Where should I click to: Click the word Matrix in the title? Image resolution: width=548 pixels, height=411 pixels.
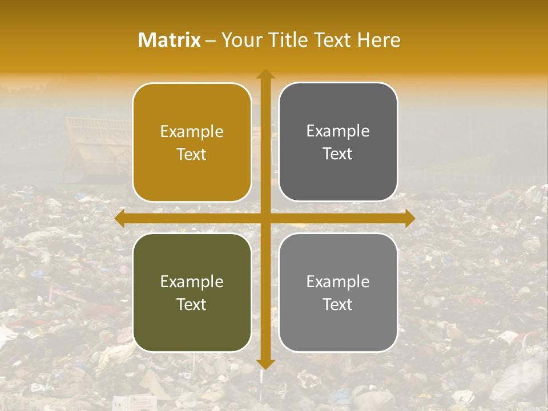[x=170, y=40]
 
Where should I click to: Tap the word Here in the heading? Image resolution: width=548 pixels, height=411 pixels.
[x=378, y=40]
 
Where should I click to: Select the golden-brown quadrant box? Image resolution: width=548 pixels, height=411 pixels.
[x=192, y=143]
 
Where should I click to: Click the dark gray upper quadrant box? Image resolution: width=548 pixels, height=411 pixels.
[x=338, y=142]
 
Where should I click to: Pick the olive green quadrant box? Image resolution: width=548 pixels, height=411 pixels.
[x=192, y=292]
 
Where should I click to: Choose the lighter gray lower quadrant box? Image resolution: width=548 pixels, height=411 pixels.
[x=338, y=292]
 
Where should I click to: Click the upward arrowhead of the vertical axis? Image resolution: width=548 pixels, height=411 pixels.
[x=265, y=74]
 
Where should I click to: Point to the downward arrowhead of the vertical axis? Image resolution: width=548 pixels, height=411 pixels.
[x=265, y=364]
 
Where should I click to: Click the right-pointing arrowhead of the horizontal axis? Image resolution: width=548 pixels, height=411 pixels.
[x=410, y=219]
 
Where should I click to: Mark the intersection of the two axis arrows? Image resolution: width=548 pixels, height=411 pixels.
[x=265, y=219]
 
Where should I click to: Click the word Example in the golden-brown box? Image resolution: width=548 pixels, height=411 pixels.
[x=192, y=132]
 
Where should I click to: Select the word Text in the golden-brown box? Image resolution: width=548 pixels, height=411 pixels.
[x=192, y=154]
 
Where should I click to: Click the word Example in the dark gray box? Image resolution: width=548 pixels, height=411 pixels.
[x=338, y=131]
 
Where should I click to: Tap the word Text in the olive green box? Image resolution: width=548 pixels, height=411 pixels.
[x=192, y=304]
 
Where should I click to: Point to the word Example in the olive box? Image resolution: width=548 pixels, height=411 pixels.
[x=192, y=282]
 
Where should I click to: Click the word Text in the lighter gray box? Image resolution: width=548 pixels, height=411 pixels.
[x=338, y=304]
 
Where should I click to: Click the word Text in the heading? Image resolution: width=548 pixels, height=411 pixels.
[x=332, y=40]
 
